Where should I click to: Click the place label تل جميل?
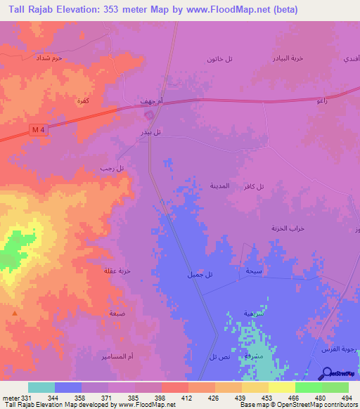tap(199, 274)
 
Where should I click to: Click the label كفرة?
tap(82, 102)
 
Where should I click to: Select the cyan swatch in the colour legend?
tap(41, 387)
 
